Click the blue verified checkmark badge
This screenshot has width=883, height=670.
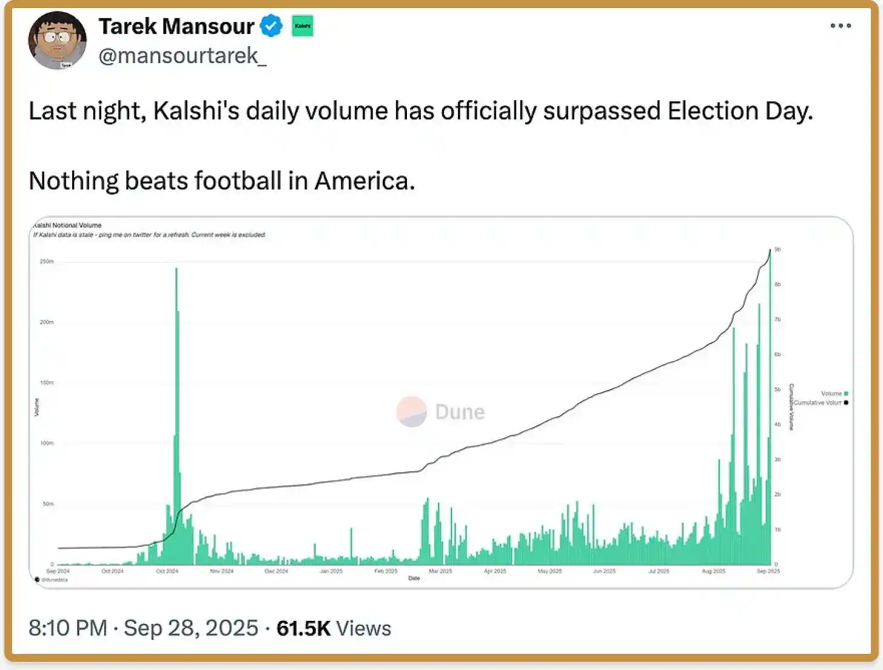[271, 26]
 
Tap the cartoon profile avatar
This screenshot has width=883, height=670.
[58, 40]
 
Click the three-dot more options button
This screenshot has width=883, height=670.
[841, 25]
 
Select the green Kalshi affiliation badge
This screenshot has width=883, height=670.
[303, 26]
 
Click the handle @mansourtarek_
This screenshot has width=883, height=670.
[182, 56]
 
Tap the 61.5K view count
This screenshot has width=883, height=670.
[303, 628]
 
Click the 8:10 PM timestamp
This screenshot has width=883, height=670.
[67, 628]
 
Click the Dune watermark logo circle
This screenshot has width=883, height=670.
[412, 411]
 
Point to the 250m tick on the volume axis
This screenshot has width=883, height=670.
[47, 262]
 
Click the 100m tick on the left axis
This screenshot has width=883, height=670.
[47, 443]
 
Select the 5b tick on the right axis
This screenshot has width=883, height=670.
[777, 390]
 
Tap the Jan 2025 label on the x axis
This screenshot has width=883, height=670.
[331, 571]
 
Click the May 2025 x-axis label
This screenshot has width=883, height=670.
[549, 571]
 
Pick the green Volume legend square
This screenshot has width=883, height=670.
[846, 393]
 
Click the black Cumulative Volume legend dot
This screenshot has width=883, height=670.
[846, 402]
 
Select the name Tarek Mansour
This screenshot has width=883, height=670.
[176, 26]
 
